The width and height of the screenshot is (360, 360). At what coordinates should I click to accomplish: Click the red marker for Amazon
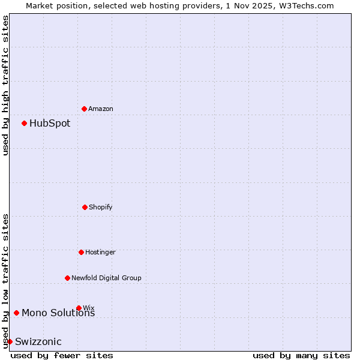[85, 109]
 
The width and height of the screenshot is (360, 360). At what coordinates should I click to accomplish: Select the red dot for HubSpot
[25, 123]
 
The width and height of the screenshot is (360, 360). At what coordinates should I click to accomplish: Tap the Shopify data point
[85, 207]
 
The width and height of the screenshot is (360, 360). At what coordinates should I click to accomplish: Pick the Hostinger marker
[81, 252]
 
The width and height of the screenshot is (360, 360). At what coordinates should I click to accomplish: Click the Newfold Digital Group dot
[67, 278]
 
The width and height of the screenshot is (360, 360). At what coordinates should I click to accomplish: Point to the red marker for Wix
[79, 308]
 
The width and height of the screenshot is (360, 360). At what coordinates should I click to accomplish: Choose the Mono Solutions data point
[16, 313]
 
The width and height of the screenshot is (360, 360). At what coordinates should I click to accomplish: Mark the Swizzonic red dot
[10, 341]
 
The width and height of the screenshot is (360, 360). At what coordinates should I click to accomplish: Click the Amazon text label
[101, 109]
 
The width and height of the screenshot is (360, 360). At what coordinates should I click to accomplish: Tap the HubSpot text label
[50, 123]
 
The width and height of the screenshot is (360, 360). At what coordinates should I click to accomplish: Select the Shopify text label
[101, 207]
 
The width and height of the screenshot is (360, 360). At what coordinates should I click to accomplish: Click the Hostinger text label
[100, 252]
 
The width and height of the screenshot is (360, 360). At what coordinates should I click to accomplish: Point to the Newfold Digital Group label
[106, 278]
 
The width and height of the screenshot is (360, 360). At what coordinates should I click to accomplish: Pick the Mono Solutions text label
[58, 313]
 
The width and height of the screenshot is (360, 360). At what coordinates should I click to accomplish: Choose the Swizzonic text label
[38, 342]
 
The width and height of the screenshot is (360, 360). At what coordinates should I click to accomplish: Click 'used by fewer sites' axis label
[62, 355]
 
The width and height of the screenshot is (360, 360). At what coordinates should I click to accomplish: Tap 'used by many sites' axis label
[301, 355]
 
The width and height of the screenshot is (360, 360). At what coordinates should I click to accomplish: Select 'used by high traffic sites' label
[5, 85]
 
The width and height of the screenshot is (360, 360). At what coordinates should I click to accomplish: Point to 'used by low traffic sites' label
[5, 280]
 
